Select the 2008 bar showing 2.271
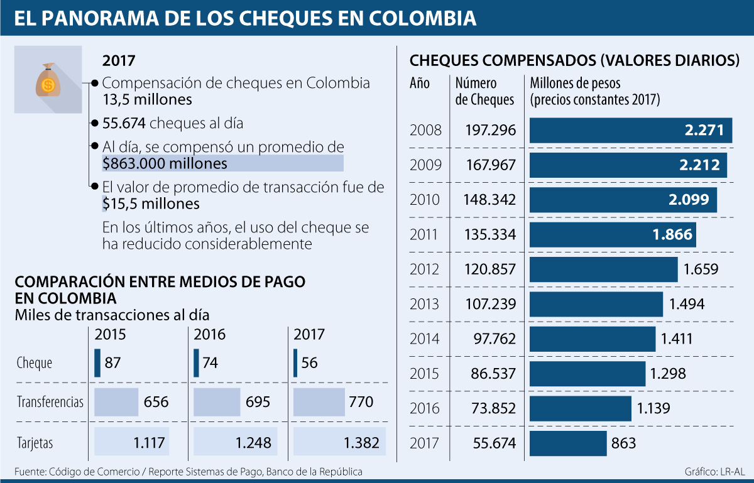[x=630, y=131]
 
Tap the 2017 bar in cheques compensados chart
[x=568, y=443]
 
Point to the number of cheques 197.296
[x=491, y=131]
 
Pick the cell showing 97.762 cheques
[x=494, y=339]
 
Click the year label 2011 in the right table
[x=425, y=235]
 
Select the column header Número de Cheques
[x=484, y=91]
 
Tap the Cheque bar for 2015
[x=97, y=363]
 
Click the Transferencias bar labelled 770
[x=319, y=402]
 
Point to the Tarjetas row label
[x=35, y=443]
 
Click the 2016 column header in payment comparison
[x=209, y=334]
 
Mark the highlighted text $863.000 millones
[x=165, y=164]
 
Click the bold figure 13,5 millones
[x=147, y=99]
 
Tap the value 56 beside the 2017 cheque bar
[x=309, y=363]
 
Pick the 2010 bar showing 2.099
[x=623, y=200]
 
